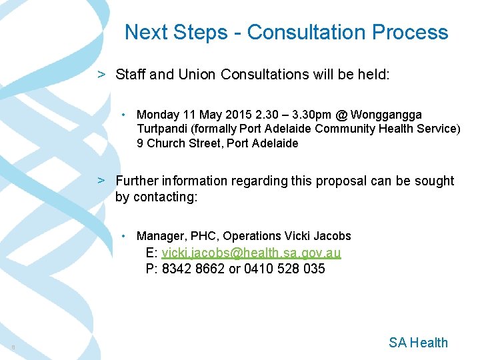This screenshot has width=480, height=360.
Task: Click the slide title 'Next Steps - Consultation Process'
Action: click(x=286, y=32)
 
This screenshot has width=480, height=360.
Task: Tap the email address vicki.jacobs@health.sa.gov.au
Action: click(x=251, y=253)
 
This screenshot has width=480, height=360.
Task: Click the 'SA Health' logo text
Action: click(x=418, y=343)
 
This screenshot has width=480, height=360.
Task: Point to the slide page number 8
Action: click(x=13, y=347)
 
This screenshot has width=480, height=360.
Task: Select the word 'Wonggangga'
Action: click(x=386, y=115)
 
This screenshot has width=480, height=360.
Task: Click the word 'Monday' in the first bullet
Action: click(x=158, y=115)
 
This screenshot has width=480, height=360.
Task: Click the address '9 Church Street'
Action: click(x=179, y=143)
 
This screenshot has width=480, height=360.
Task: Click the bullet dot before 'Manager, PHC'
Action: click(x=126, y=236)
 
